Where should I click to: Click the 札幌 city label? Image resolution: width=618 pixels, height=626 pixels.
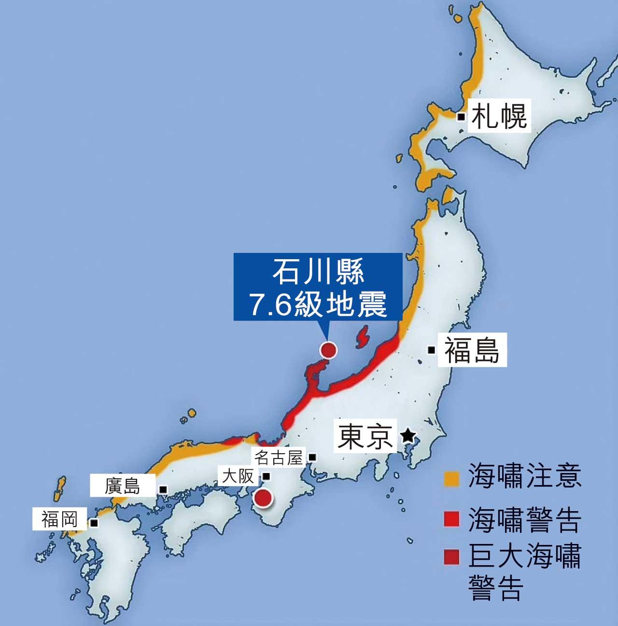click(499, 117)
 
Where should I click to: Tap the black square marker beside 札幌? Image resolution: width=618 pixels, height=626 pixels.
click(462, 117)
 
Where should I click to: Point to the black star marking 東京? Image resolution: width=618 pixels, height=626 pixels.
click(407, 437)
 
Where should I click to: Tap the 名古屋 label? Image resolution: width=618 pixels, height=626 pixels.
click(280, 457)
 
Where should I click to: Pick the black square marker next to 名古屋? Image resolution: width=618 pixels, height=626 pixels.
click(312, 457)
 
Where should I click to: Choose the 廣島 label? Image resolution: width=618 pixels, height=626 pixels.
click(123, 486)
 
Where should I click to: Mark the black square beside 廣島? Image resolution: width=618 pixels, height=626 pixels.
click(163, 489)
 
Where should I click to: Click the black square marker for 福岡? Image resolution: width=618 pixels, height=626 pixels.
click(94, 523)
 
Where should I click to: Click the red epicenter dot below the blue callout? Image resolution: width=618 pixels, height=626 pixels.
click(328, 350)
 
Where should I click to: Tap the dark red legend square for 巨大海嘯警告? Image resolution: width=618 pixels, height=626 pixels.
click(451, 557)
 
